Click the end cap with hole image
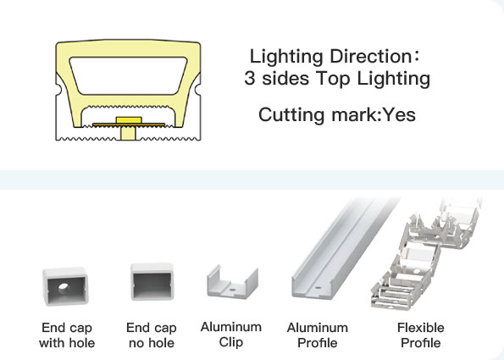click(x=65, y=286)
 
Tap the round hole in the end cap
click(x=64, y=286)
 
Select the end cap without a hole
click(x=152, y=281)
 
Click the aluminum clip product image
click(x=232, y=281)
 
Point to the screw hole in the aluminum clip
click(x=232, y=290)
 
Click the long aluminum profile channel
click(x=345, y=249)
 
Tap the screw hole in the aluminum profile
click(x=318, y=288)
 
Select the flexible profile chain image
click(x=426, y=254)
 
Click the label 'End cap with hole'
click(x=67, y=335)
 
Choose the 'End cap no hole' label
click(x=152, y=335)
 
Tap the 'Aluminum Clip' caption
click(x=231, y=335)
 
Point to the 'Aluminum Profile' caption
click(x=318, y=335)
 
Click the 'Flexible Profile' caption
click(x=421, y=335)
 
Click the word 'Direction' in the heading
click(x=370, y=56)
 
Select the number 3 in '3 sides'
click(x=249, y=78)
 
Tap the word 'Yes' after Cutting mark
click(x=400, y=114)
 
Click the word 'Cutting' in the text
click(x=291, y=115)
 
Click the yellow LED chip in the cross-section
click(x=129, y=120)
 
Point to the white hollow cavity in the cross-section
click(x=128, y=76)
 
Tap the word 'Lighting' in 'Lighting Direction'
click(x=286, y=58)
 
